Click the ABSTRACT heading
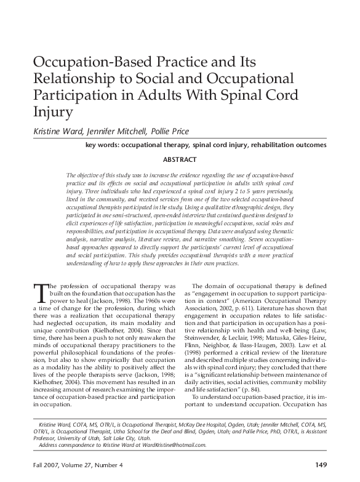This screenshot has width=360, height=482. [180, 160]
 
